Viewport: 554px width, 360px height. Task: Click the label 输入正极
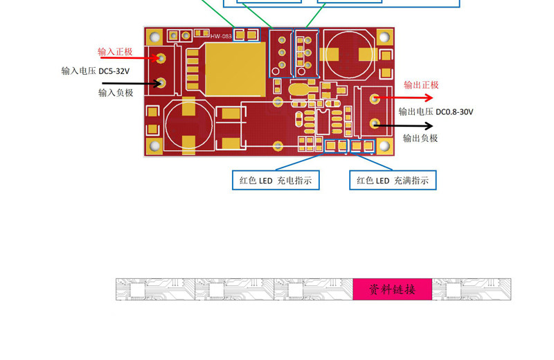[114, 52]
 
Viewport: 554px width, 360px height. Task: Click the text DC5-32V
[114, 71]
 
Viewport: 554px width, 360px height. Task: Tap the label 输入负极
[115, 92]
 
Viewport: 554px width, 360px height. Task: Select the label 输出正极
[421, 85]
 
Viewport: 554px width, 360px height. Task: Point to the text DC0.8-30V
[454, 111]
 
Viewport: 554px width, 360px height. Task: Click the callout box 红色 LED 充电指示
[276, 181]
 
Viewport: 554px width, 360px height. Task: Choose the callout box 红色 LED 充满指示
[393, 181]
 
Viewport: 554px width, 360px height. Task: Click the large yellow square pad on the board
[235, 69]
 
